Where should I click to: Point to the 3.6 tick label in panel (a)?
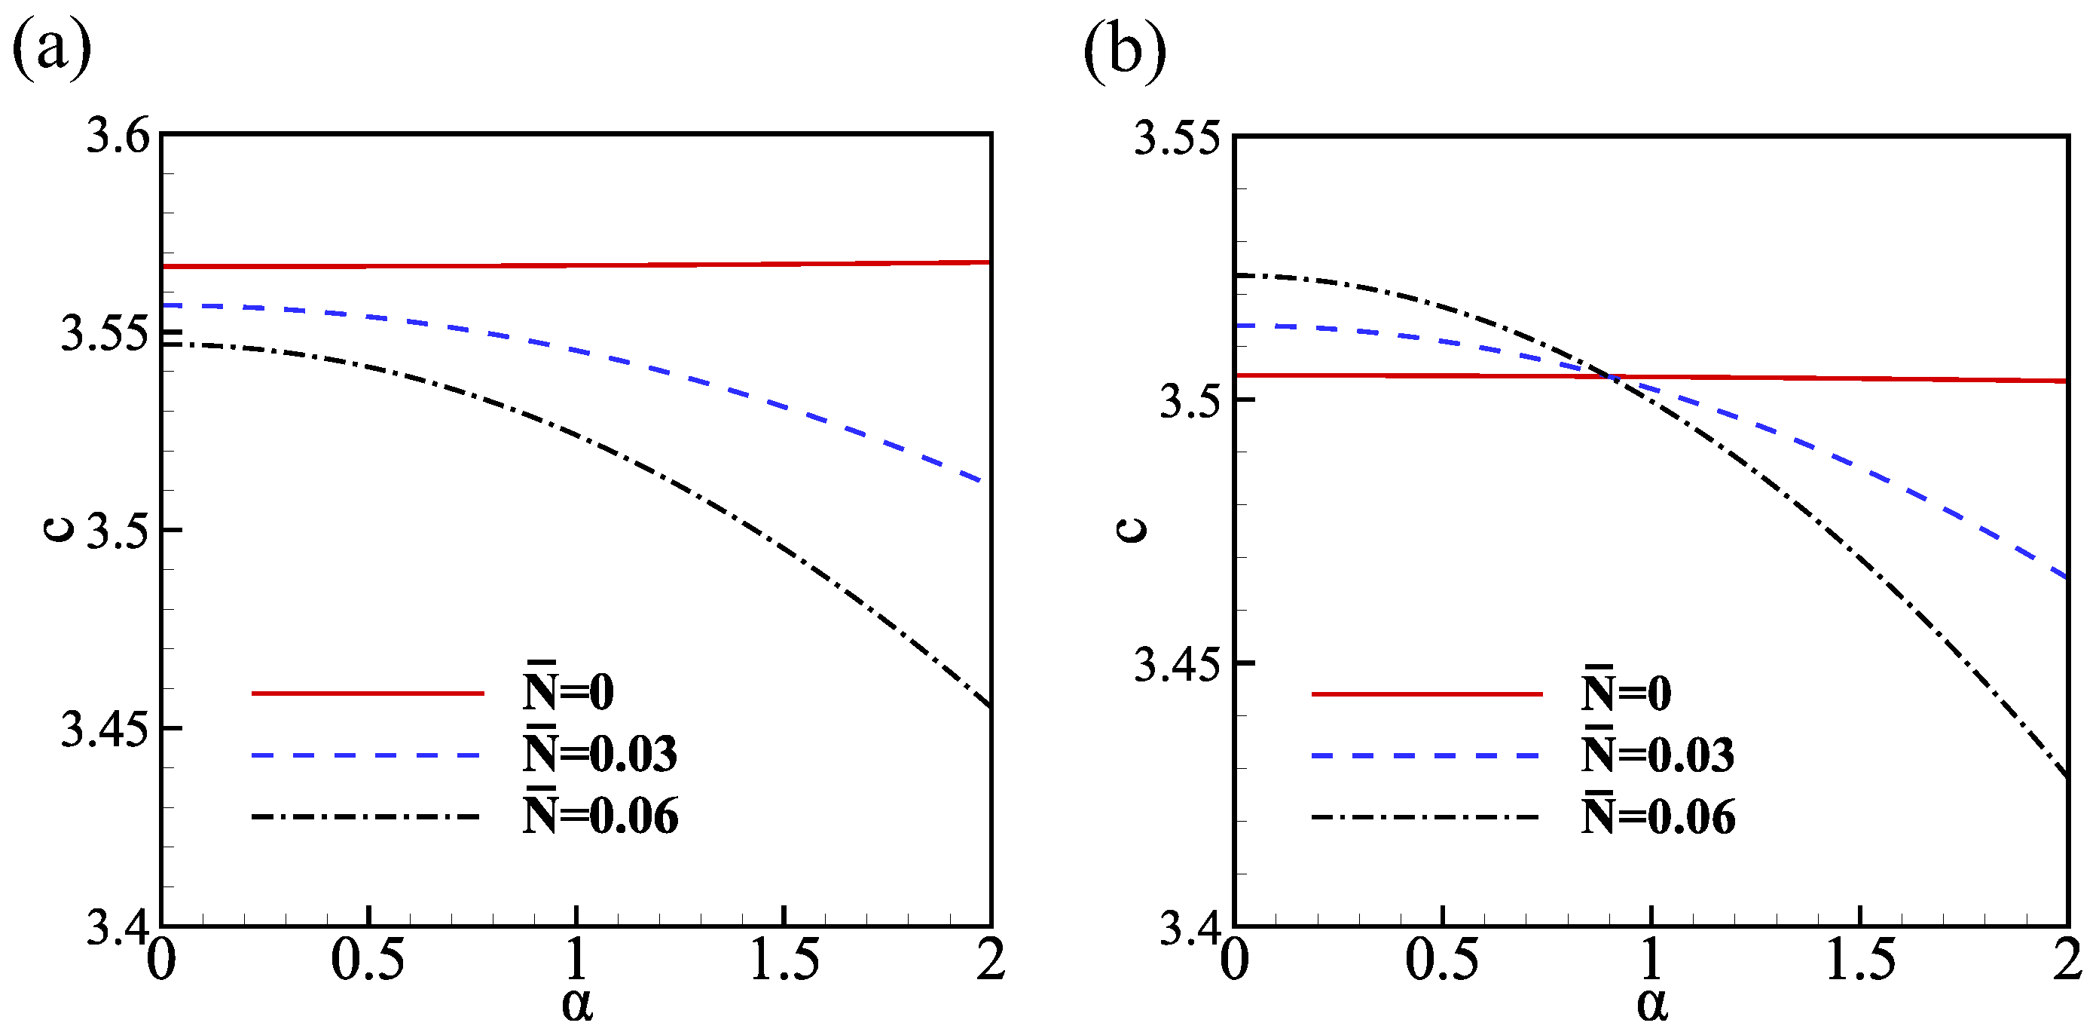click(119, 135)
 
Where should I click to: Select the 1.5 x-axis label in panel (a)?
click(784, 960)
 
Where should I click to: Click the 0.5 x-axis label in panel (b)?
click(1441, 960)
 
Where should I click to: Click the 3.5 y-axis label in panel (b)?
click(1190, 401)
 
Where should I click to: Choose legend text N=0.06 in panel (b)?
click(1658, 815)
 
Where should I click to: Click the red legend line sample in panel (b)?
click(1426, 694)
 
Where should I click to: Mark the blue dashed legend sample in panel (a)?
click(367, 755)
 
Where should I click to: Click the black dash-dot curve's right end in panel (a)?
click(989, 706)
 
